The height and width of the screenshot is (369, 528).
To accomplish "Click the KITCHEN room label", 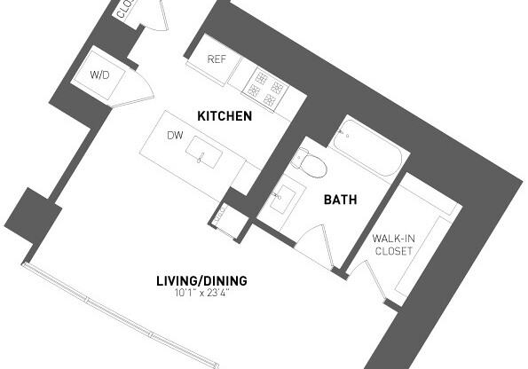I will coord(224,116).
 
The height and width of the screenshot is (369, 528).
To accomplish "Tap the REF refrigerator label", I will coord(217,59).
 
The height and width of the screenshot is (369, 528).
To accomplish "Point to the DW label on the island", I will coord(175,136).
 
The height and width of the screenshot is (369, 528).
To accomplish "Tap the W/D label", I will coord(99,75).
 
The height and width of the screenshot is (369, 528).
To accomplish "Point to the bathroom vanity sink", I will coord(286,196).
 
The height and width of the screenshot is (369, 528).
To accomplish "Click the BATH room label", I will coord(340,200).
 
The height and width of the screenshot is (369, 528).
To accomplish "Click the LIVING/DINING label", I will coord(201,281).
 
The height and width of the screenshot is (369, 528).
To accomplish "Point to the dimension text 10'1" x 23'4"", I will coord(201,293).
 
